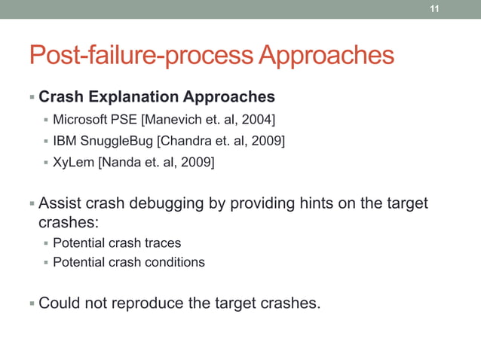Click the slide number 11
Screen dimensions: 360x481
[x=434, y=9]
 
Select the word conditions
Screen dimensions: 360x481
[x=176, y=262]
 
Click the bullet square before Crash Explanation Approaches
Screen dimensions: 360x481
[x=32, y=98]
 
